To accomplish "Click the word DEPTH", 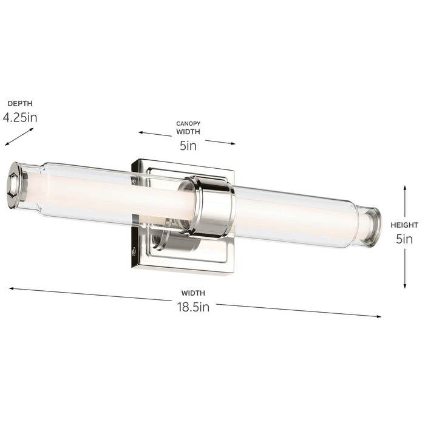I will click(x=20, y=104).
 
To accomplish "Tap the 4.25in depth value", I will click(x=20, y=117).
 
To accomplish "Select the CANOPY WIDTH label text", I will click(x=188, y=127).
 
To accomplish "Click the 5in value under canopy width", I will click(x=188, y=145).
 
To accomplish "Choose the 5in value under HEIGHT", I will click(x=404, y=239).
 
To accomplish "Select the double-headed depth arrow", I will click(x=19, y=137).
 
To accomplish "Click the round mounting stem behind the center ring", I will click(x=162, y=239).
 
